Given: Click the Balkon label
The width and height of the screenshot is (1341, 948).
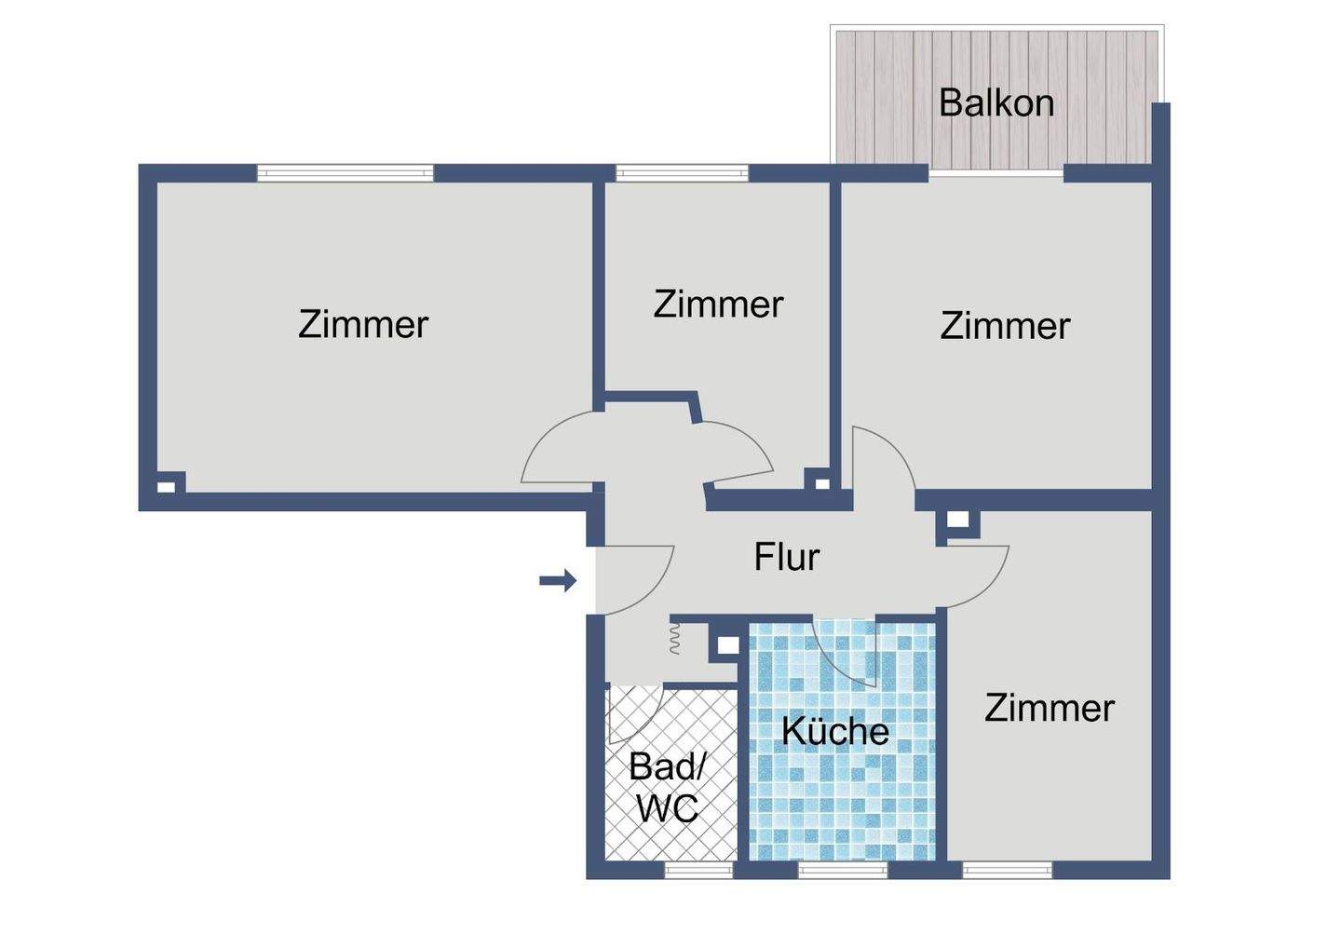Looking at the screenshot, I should click(996, 102).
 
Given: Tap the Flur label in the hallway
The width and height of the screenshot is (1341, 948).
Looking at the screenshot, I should click(786, 557).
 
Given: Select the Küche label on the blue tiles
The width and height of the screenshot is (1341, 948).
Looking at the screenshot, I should click(834, 731).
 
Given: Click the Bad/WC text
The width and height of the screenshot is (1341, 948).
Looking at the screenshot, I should click(667, 787).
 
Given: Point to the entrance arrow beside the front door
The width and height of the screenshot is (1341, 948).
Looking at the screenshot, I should click(558, 581).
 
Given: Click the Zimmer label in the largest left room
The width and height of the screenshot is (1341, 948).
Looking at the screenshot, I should click(362, 324).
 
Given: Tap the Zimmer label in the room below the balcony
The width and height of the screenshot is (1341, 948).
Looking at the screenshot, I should click(1004, 326).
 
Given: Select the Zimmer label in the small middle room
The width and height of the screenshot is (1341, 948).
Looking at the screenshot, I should click(717, 305).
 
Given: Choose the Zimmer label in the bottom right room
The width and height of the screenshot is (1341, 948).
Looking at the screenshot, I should click(1049, 709).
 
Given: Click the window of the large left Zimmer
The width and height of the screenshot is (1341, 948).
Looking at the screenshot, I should click(345, 172).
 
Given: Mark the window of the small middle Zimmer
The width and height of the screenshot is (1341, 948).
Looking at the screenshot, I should click(682, 172).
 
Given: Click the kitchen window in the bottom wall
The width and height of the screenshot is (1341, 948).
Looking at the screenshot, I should click(843, 870).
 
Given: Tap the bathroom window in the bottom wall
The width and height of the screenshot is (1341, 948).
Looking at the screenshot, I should click(698, 870).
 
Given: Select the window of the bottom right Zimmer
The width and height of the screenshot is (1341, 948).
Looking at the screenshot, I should click(1007, 870).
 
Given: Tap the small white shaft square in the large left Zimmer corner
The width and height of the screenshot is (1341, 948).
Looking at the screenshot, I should click(165, 485).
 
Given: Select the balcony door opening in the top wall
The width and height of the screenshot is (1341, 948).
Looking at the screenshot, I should click(996, 173).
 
